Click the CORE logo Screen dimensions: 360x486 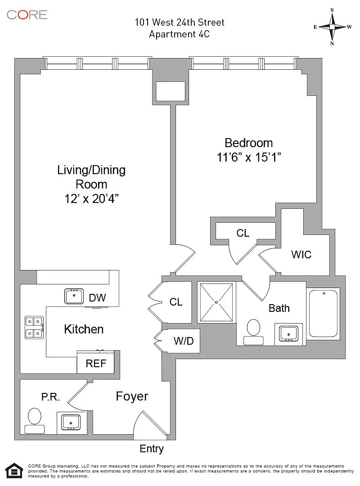(x=27, y=14)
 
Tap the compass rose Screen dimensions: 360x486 (x=332, y=27)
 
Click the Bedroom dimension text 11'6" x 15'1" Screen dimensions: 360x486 (x=249, y=158)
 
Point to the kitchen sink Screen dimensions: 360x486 (x=74, y=297)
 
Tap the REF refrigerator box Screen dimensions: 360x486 (x=95, y=363)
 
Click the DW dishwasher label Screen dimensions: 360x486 (x=97, y=297)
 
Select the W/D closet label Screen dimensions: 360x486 (x=184, y=341)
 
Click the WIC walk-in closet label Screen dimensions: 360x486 (x=301, y=254)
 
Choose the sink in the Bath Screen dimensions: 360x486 (x=288, y=333)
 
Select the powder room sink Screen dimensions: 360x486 (x=71, y=422)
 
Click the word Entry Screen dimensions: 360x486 (x=152, y=449)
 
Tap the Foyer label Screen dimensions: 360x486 (x=132, y=396)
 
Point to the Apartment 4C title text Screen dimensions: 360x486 (x=180, y=34)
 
